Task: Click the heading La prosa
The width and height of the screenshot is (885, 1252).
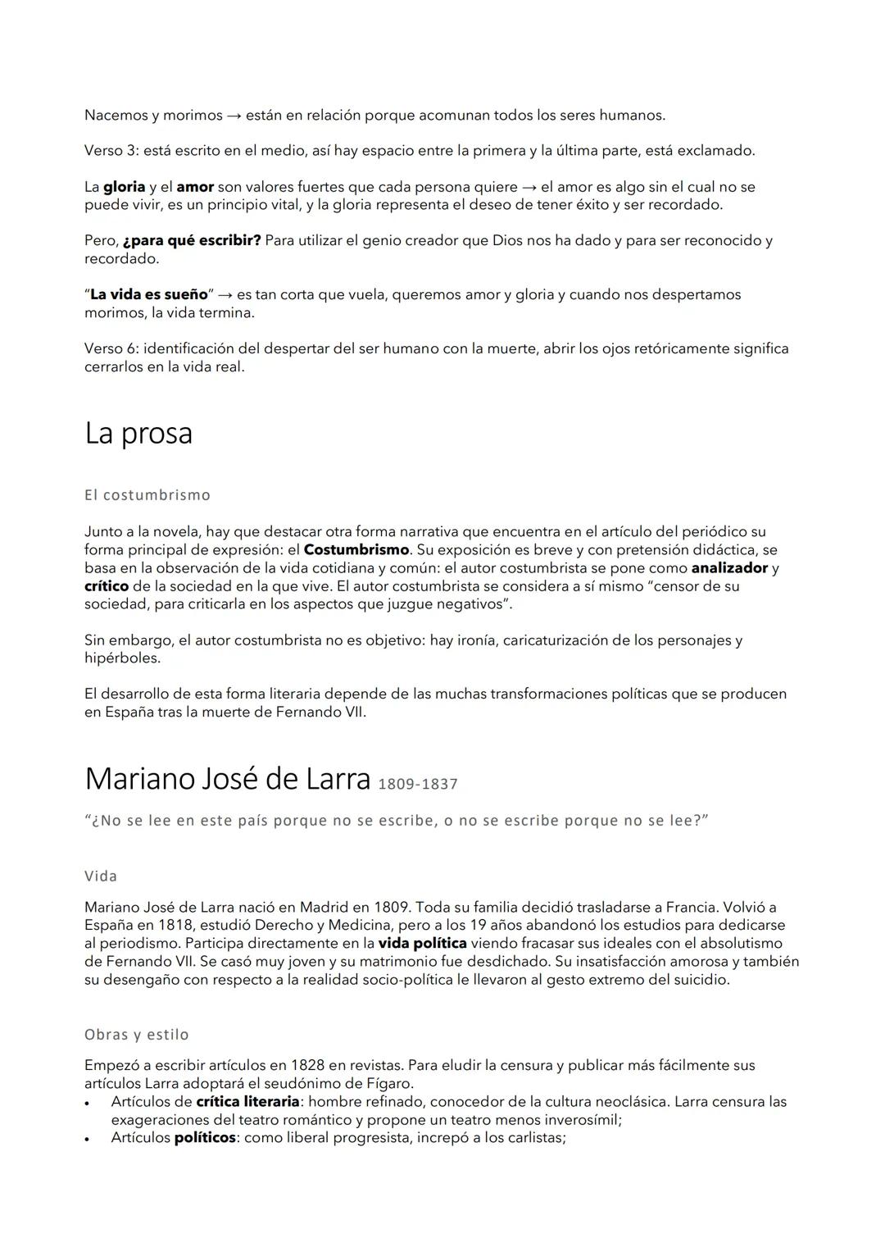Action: tap(138, 434)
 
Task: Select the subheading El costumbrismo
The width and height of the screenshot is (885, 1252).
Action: tap(147, 495)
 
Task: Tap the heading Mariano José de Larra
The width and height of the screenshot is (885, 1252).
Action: tap(227, 779)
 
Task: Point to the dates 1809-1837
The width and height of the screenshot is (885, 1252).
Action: tap(418, 785)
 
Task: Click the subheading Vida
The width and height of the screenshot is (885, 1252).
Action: tap(101, 876)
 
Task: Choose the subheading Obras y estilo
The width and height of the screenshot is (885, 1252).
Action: tap(137, 1035)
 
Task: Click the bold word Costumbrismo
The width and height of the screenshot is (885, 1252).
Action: tap(356, 549)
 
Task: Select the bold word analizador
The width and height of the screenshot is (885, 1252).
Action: tap(729, 567)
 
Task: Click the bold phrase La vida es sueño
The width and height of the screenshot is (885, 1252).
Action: tap(149, 294)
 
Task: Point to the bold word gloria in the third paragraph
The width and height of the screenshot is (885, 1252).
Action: tap(124, 187)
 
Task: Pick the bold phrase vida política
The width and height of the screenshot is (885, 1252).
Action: tap(422, 943)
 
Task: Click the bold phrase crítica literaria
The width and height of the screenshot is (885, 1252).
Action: tap(247, 1101)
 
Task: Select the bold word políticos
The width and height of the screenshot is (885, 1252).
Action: tap(205, 1137)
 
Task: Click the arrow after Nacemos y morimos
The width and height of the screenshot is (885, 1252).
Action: tap(234, 116)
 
